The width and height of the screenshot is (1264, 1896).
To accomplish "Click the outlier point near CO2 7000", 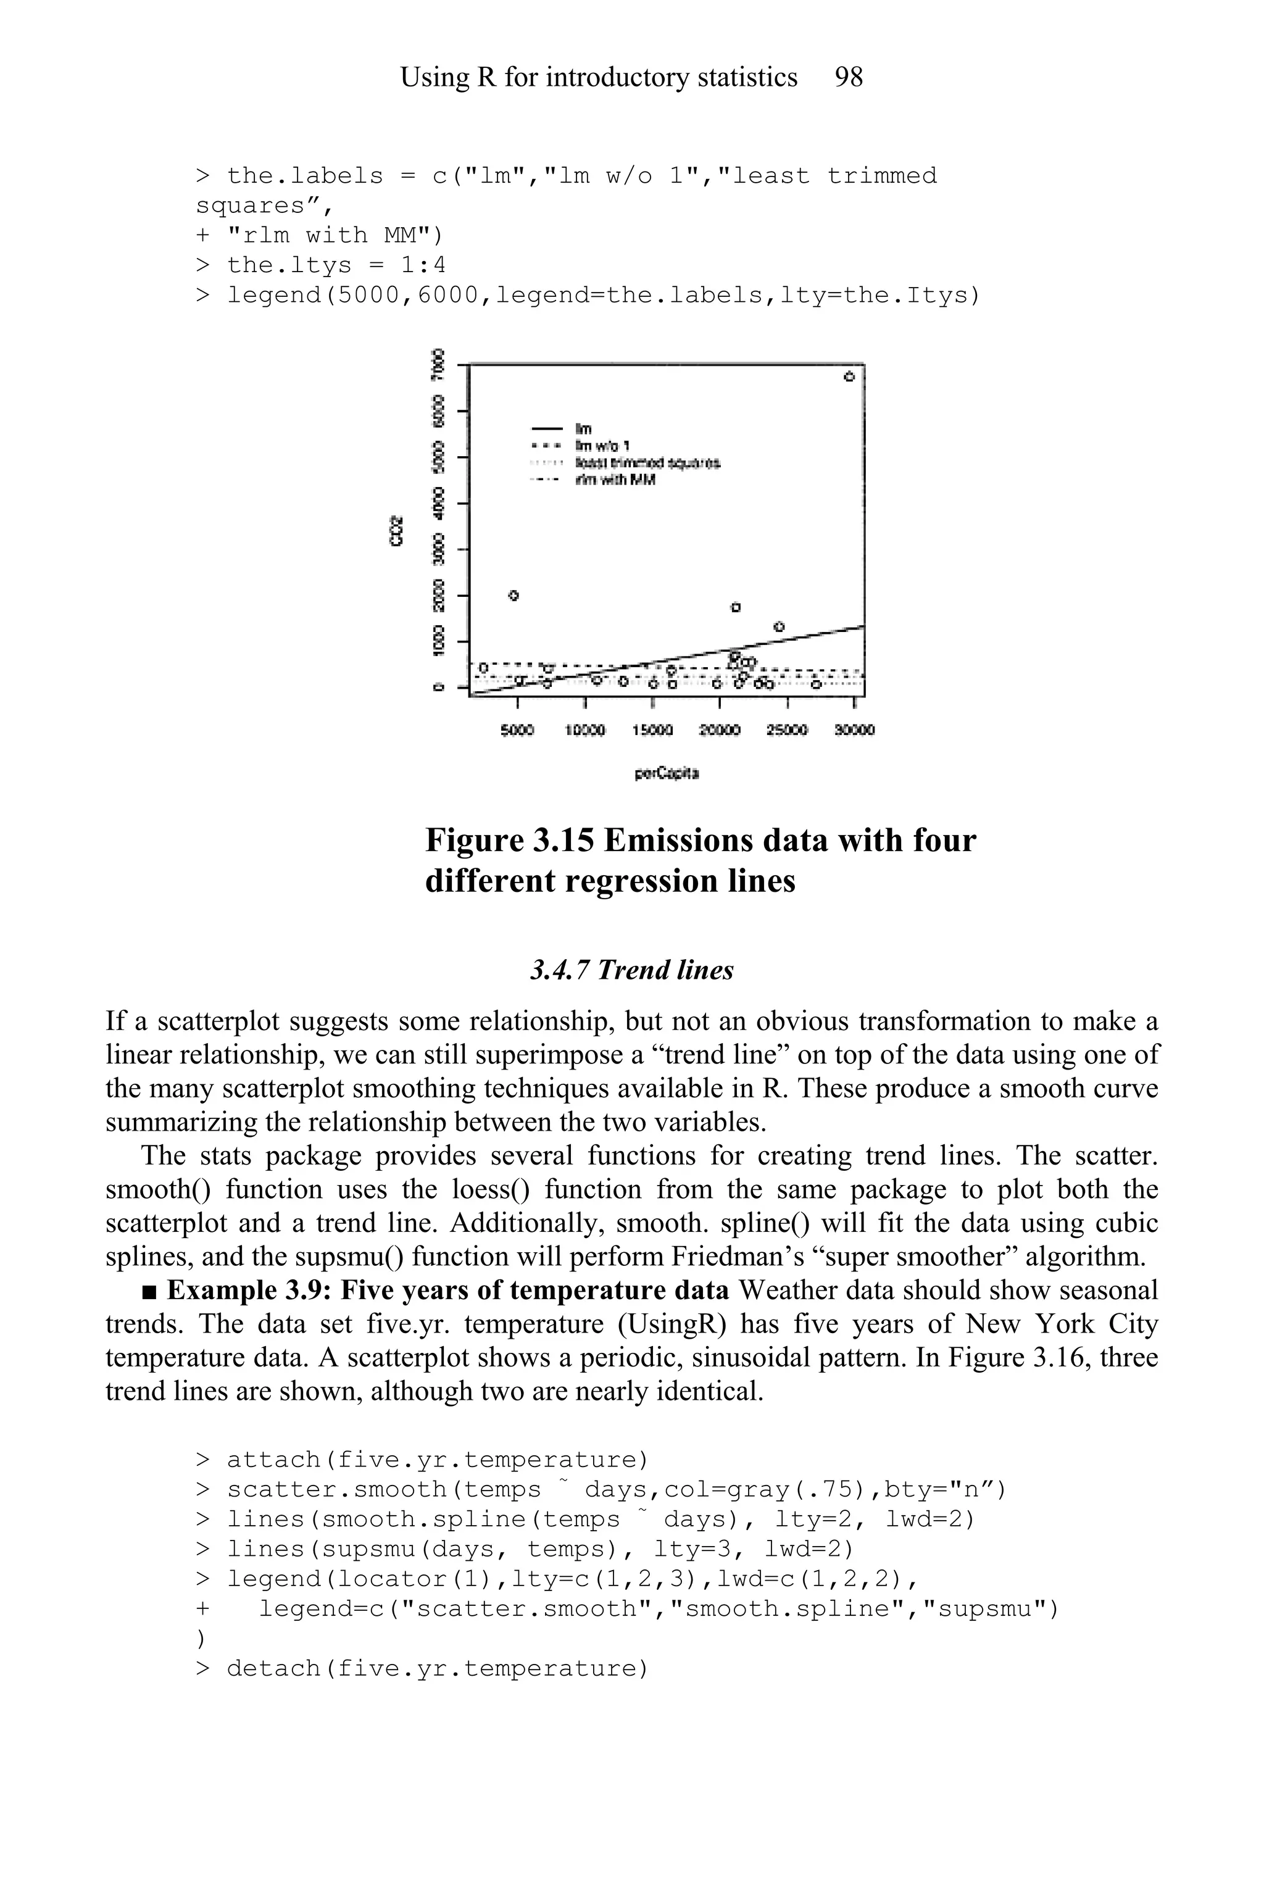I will click(x=849, y=376).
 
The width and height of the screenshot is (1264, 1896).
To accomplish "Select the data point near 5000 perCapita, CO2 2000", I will click(x=514, y=596).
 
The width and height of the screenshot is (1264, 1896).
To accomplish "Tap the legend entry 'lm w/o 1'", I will click(x=603, y=446).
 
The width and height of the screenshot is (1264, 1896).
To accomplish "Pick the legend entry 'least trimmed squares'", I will click(x=647, y=463).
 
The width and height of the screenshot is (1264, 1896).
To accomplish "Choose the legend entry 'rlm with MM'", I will click(x=615, y=480).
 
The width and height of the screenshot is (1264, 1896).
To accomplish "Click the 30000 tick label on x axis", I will click(x=854, y=730).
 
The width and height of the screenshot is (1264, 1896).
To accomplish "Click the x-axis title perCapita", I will click(x=667, y=774).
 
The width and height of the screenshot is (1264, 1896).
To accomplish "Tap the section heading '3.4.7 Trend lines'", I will click(x=631, y=970).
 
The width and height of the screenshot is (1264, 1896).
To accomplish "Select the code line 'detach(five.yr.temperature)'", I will click(x=437, y=1669).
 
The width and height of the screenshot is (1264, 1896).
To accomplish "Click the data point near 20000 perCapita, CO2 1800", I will click(x=735, y=607).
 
